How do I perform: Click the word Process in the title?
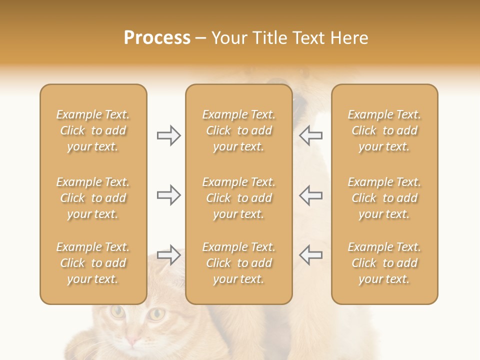[x=157, y=38]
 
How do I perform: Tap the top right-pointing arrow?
[x=168, y=135]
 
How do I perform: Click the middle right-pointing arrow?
[x=168, y=195]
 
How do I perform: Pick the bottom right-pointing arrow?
[x=168, y=255]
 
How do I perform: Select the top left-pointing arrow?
[x=311, y=135]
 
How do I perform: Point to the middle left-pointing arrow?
[x=311, y=195]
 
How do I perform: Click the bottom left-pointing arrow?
[x=311, y=255]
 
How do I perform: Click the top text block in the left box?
[x=93, y=130]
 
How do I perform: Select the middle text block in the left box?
[x=93, y=198]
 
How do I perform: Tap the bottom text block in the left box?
[x=93, y=263]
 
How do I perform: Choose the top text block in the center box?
[x=238, y=130]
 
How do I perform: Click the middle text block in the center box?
[x=238, y=198]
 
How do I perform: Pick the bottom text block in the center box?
[x=238, y=263]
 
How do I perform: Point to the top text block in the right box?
[x=384, y=130]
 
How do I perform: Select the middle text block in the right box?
[x=384, y=198]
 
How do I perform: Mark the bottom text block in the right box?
[x=384, y=263]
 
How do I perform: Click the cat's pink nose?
[x=132, y=341]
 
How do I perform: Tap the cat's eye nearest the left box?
[x=118, y=312]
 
